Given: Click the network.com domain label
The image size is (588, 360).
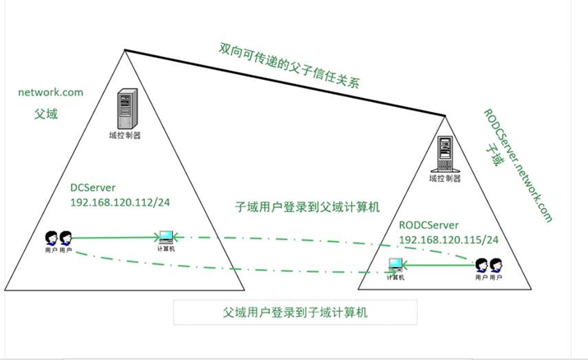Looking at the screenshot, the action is click(51, 92).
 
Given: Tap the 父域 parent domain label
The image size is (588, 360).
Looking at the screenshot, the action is click(46, 114).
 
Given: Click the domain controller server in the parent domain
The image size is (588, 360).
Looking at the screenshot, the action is click(127, 108).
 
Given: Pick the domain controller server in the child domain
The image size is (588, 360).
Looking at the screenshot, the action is click(445, 154).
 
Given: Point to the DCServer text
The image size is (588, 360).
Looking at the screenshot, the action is click(93, 187).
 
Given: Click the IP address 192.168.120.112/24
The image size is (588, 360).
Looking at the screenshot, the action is click(120, 202).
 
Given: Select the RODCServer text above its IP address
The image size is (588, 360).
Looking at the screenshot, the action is click(429, 225).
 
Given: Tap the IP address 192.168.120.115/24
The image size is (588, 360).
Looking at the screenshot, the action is click(448, 240).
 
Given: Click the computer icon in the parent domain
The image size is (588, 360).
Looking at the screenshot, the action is click(166, 237).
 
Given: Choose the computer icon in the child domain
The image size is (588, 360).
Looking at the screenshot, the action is click(395, 266).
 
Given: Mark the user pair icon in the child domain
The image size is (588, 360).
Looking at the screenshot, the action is click(489, 266).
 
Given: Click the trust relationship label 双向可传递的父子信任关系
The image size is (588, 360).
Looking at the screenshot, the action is click(289, 66).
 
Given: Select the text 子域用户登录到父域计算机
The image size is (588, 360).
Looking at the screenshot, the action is click(307, 207).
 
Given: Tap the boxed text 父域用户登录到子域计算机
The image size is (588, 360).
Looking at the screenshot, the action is click(295, 312).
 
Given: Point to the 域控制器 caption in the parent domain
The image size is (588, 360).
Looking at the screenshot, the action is click(125, 135).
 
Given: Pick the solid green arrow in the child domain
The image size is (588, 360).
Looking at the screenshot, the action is click(439, 266).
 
